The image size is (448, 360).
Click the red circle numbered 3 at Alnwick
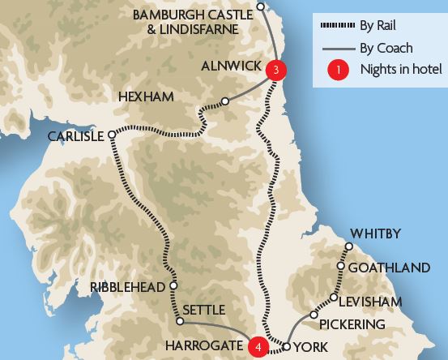pos(276,71)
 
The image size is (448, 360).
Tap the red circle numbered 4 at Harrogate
pos(258,346)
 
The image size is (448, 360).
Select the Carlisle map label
pos(75,136)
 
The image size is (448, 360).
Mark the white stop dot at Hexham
pos(224,102)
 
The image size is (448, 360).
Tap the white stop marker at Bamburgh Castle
pos(260,6)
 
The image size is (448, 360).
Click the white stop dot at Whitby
pos(349,246)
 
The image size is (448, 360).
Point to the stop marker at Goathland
pos(341,266)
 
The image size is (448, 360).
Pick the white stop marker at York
pos(286,347)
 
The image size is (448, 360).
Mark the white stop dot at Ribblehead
pos(173,286)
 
